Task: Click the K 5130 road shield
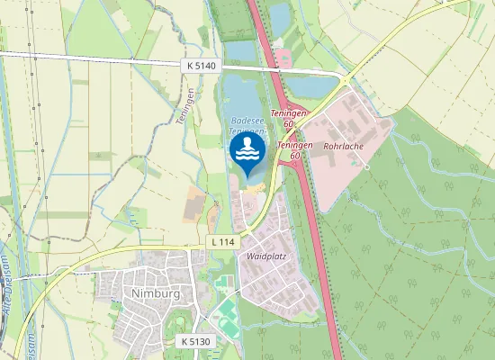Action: [195, 342]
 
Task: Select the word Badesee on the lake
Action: [247, 120]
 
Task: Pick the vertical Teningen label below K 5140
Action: [192, 107]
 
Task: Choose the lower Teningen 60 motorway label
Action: [294, 149]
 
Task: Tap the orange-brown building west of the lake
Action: [193, 206]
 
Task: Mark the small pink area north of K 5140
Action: [285, 58]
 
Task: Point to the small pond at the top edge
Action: [279, 13]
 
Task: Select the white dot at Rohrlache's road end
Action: [367, 166]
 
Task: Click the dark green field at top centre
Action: [230, 18]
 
